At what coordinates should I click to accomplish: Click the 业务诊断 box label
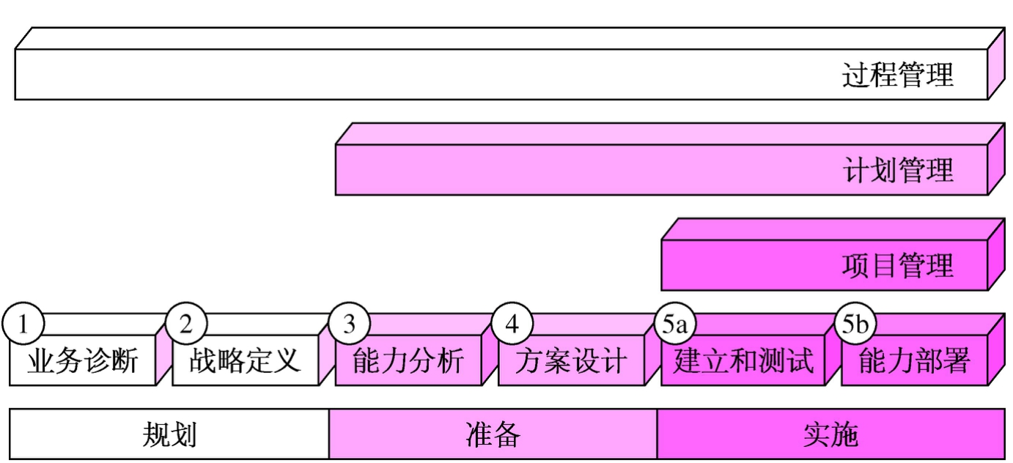pyautogui.click(x=82, y=361)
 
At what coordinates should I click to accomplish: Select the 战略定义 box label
pyautogui.click(x=245, y=361)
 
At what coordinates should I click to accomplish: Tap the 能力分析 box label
pyautogui.click(x=408, y=361)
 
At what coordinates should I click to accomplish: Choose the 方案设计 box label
pyautogui.click(x=570, y=361)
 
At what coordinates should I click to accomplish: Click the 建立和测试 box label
pyautogui.click(x=743, y=361)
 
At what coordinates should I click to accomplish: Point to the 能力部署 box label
pyautogui.click(x=914, y=361)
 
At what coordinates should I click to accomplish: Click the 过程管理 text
pyautogui.click(x=898, y=75)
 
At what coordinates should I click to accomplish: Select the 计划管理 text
pyautogui.click(x=898, y=170)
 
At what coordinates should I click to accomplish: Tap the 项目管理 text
pyautogui.click(x=898, y=265)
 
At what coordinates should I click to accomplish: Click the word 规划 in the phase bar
pyautogui.click(x=169, y=434)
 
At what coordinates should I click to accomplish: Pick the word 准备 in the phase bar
pyautogui.click(x=493, y=434)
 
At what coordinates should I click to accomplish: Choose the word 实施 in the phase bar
pyautogui.click(x=830, y=434)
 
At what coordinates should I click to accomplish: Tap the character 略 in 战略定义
pyautogui.click(x=231, y=361)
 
